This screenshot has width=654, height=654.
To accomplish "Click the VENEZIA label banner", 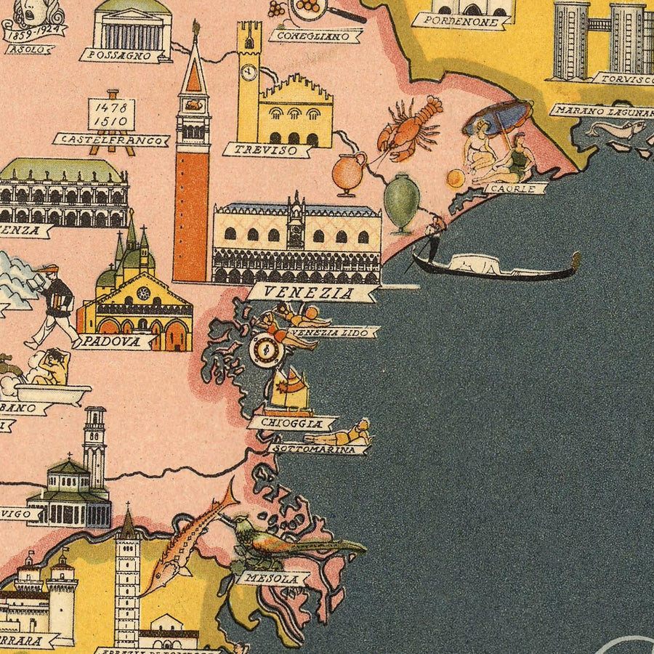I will (x=312, y=293).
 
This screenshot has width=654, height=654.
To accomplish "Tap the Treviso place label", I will (x=267, y=150).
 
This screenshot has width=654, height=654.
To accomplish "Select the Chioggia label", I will (x=292, y=423).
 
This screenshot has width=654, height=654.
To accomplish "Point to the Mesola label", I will (x=272, y=579).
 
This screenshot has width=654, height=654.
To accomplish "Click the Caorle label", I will (x=515, y=188).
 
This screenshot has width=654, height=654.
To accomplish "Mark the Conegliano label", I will (x=315, y=35).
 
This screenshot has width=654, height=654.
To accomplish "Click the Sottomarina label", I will (x=318, y=450).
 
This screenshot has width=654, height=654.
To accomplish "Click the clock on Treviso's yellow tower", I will (x=249, y=72).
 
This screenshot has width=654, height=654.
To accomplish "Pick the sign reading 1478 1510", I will (x=111, y=113).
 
